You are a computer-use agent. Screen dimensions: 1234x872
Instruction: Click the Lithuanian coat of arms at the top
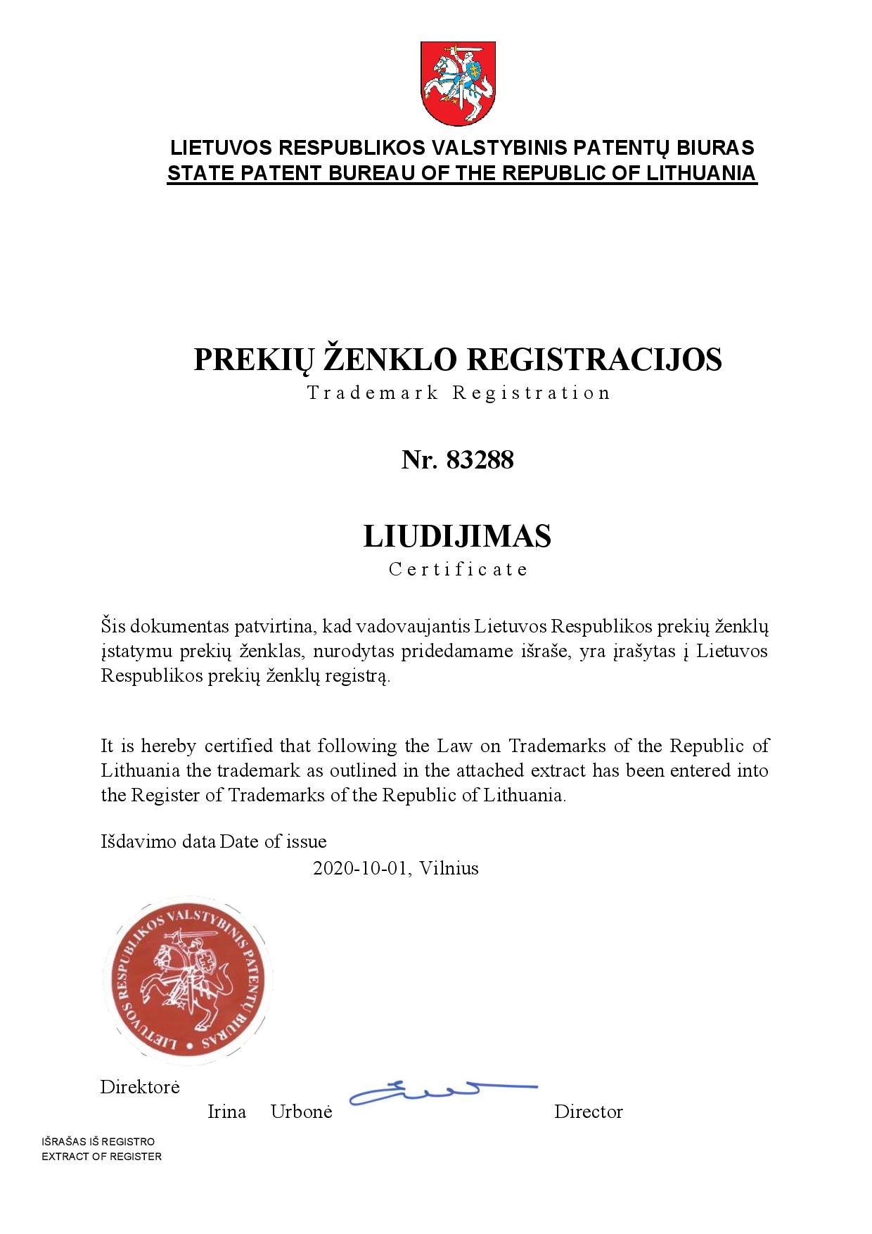(458, 83)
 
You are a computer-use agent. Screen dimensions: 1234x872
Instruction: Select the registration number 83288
(480, 460)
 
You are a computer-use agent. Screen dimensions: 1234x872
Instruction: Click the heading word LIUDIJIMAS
(457, 536)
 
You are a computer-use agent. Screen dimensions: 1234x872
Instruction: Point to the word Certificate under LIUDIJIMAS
(458, 569)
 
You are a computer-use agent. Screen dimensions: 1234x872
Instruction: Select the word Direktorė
(140, 1087)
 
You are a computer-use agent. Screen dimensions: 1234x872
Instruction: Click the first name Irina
(226, 1112)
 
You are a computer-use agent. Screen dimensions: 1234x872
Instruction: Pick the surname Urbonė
(301, 1112)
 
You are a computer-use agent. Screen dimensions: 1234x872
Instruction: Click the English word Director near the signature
(588, 1112)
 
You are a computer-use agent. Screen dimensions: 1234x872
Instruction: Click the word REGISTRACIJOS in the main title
(594, 360)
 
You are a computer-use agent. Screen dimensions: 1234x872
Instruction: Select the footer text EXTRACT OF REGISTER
(101, 1157)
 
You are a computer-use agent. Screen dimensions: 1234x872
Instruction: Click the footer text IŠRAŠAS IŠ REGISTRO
(98, 1141)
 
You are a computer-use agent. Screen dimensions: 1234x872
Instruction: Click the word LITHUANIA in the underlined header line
(700, 173)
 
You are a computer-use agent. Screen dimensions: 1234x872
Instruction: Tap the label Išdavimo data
(158, 841)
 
